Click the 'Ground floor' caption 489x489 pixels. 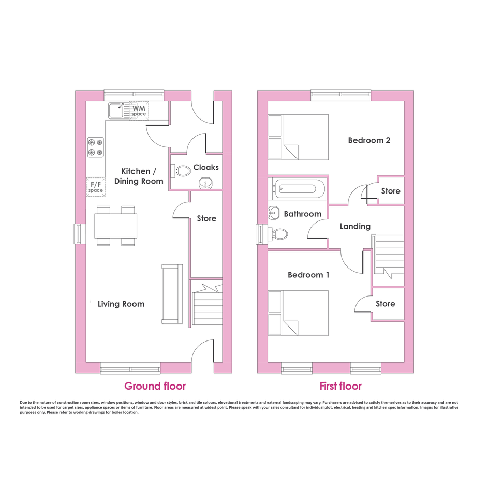point(155,386)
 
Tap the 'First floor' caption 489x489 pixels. point(340,386)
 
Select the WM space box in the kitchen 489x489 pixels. point(139,111)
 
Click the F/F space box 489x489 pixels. point(96,187)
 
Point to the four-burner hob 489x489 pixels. point(95,147)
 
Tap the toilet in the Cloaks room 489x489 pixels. point(181,171)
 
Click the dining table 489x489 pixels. point(116,226)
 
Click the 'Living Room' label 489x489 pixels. point(121,304)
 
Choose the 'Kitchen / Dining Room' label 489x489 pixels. point(139,176)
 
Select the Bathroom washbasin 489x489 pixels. point(274,213)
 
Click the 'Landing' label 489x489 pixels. point(355,227)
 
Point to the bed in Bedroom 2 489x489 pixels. point(299,138)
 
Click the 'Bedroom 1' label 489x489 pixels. point(308,275)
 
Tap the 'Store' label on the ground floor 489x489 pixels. point(206,218)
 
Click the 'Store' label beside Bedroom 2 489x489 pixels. point(391,191)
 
